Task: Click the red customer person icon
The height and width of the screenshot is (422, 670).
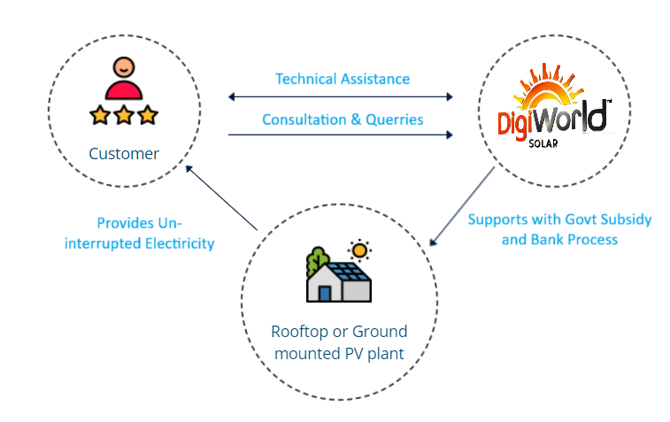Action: click(x=123, y=78)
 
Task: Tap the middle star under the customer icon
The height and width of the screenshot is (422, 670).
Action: click(x=123, y=115)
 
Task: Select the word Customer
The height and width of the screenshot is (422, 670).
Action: click(x=124, y=154)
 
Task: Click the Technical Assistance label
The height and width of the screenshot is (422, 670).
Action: click(x=343, y=79)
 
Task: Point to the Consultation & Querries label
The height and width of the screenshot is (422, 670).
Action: click(x=343, y=119)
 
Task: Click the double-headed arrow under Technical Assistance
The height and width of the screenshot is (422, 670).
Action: click(x=341, y=96)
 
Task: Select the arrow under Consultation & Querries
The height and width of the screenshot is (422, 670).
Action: click(x=341, y=134)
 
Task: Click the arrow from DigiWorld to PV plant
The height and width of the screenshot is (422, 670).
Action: click(x=462, y=204)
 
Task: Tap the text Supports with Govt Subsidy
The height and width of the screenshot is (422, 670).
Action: click(x=559, y=219)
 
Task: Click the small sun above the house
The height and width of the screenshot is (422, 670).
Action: click(x=358, y=248)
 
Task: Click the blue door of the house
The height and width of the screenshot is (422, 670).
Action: click(x=325, y=291)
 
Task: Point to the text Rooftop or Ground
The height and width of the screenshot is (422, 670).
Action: click(x=340, y=332)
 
